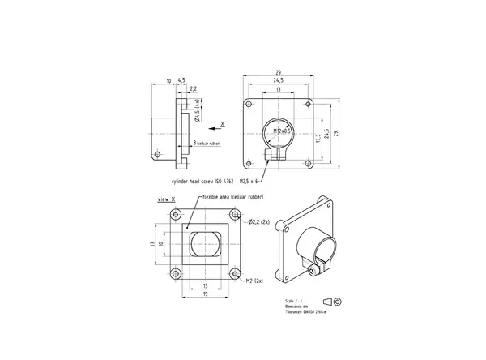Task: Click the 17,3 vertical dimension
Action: click(x=318, y=138)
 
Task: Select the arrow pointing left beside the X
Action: click(x=212, y=126)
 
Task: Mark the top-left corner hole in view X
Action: click(x=176, y=216)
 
